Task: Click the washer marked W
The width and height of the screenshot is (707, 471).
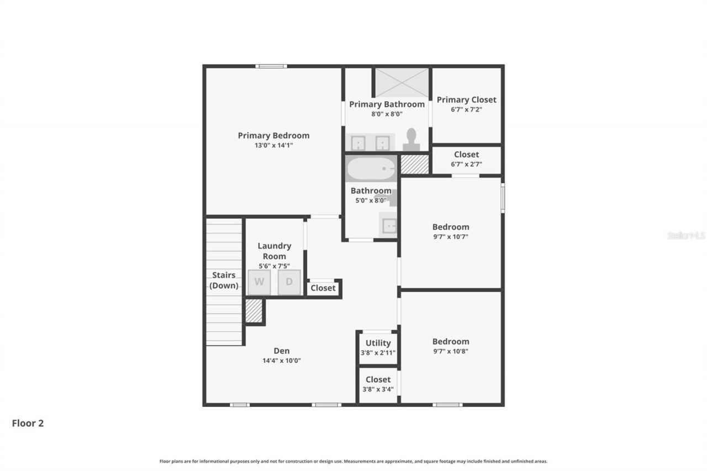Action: pyautogui.click(x=259, y=282)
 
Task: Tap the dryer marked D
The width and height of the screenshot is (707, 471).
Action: pyautogui.click(x=289, y=282)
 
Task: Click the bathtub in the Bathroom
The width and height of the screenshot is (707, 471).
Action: pyautogui.click(x=371, y=168)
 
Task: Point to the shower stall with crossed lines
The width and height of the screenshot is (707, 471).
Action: pyautogui.click(x=402, y=83)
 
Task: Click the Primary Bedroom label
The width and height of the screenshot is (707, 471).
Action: pyautogui.click(x=273, y=135)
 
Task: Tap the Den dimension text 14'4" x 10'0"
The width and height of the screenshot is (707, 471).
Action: pyautogui.click(x=281, y=361)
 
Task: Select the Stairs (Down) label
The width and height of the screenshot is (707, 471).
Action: pyautogui.click(x=224, y=280)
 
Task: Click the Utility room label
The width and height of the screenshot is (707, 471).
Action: pyautogui.click(x=378, y=343)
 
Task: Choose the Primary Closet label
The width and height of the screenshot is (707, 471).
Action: pyautogui.click(x=466, y=99)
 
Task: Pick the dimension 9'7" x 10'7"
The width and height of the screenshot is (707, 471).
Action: pyautogui.click(x=450, y=236)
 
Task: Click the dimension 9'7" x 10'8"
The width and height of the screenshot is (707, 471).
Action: pyautogui.click(x=450, y=351)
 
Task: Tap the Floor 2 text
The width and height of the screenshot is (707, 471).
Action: pyautogui.click(x=28, y=424)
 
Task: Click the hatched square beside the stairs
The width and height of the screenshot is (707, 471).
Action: pyautogui.click(x=254, y=311)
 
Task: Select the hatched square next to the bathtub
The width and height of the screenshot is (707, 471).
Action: pyautogui.click(x=414, y=165)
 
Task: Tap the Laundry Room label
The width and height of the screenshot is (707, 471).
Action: pyautogui.click(x=274, y=251)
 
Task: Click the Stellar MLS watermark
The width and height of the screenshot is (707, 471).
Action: pyautogui.click(x=686, y=235)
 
